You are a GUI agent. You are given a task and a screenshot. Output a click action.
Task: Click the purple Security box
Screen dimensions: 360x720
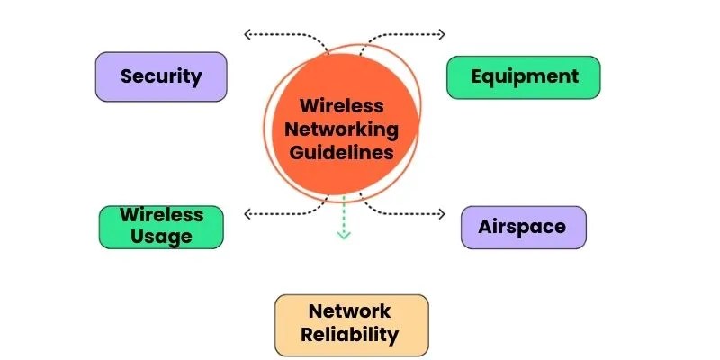(x=161, y=76)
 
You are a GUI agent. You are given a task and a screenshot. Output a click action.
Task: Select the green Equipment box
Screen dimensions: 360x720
(x=523, y=76)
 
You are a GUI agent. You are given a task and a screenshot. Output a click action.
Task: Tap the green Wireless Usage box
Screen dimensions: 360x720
(x=161, y=226)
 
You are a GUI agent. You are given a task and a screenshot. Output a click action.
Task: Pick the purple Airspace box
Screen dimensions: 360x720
(x=523, y=227)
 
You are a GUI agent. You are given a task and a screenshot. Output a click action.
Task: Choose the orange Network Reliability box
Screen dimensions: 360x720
(x=351, y=324)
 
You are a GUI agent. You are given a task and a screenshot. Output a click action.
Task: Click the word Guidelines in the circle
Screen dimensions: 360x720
(x=347, y=152)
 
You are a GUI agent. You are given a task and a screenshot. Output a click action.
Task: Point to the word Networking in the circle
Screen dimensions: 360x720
(x=347, y=129)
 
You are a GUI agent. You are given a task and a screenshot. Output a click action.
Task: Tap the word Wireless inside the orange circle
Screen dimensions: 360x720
(x=347, y=105)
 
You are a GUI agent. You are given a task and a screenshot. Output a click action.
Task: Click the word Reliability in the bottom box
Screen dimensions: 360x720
(x=351, y=336)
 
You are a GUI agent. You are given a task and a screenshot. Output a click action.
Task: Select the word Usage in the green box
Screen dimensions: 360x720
(x=161, y=237)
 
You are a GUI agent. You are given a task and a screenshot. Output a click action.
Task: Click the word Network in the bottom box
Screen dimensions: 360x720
(x=351, y=311)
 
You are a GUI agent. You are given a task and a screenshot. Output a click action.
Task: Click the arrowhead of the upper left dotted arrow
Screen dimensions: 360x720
(x=247, y=35)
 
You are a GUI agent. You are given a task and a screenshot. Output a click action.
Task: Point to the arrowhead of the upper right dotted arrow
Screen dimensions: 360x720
(x=441, y=35)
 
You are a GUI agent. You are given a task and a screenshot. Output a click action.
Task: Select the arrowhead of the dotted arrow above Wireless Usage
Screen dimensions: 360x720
(x=247, y=214)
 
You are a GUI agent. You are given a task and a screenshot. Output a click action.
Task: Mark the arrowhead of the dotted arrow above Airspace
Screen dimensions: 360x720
(x=441, y=214)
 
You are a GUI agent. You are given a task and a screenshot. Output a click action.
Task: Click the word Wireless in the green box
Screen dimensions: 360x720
(x=161, y=216)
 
